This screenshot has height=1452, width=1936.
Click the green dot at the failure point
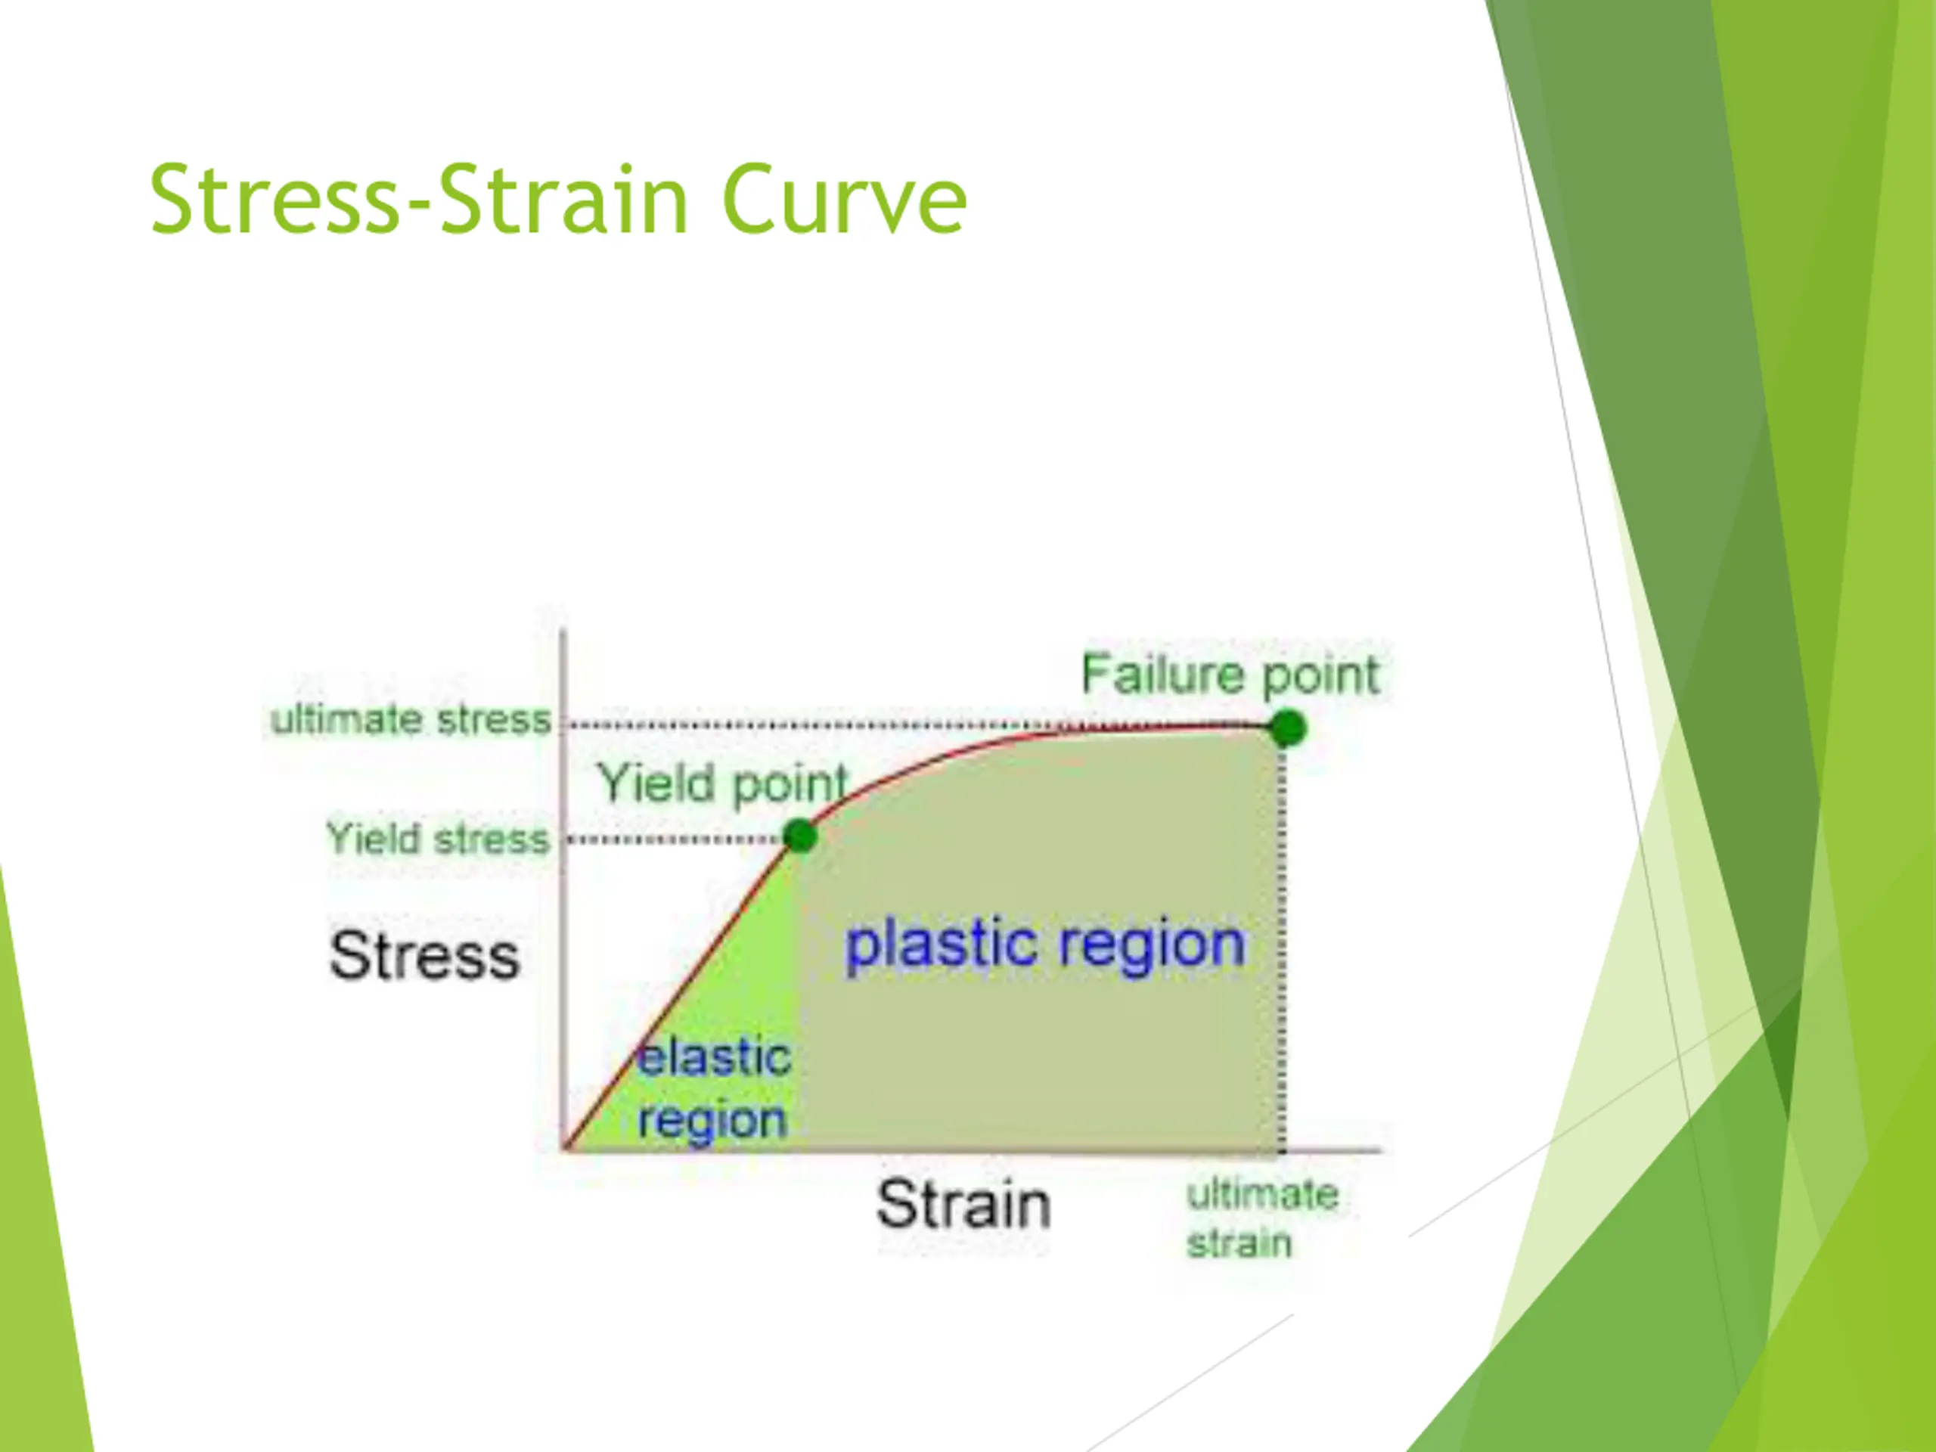pos(1287,728)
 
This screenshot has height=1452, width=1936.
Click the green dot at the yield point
pos(800,836)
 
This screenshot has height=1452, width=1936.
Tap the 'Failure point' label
pos(1230,675)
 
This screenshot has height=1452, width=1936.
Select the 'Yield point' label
pos(723,783)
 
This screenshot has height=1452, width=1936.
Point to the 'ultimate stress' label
pos(411,720)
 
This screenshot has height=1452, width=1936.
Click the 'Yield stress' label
pos(438,839)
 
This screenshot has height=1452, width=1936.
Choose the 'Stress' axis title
pos(424,955)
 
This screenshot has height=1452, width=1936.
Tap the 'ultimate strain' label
pos(1262,1218)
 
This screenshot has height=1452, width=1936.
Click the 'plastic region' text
pos(1045,945)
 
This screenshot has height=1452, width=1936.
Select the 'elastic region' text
pos(714,1089)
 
